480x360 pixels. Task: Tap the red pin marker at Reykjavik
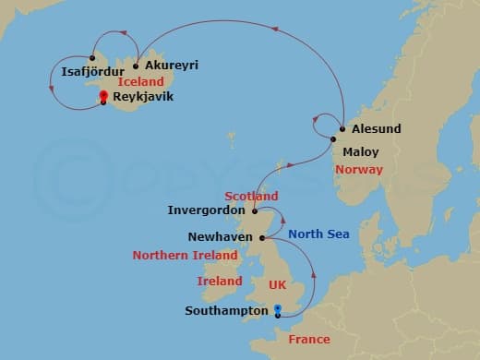[103, 95]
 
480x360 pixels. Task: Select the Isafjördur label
[90, 70]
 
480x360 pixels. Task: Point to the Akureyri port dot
[136, 66]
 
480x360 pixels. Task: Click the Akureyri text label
[172, 66]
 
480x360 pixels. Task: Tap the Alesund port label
[376, 129]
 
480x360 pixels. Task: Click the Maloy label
[360, 151]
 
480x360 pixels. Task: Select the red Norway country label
[359, 170]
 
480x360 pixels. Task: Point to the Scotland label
[251, 197]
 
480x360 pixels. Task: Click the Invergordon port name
[206, 210]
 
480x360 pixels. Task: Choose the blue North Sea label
[318, 234]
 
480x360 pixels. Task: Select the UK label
[277, 285]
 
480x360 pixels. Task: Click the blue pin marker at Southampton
[278, 311]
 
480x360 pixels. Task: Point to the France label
[308, 339]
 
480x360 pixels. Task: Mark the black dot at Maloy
[334, 138]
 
